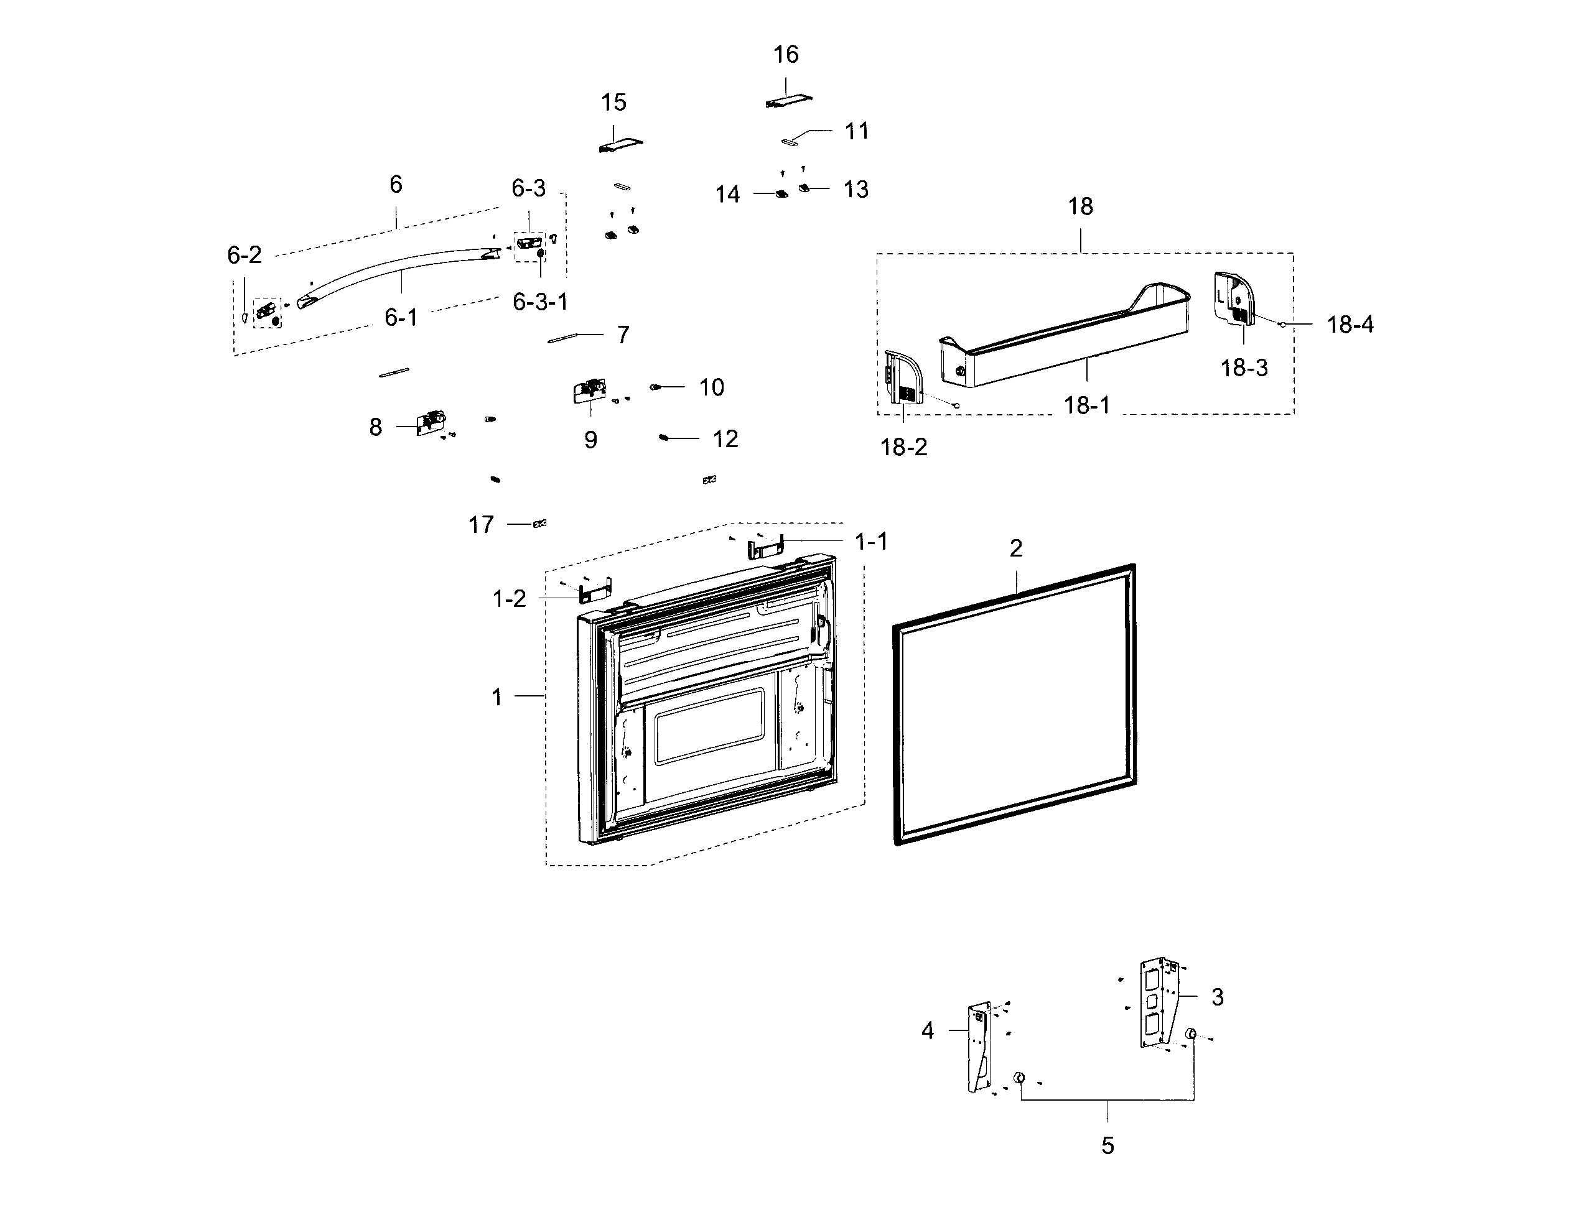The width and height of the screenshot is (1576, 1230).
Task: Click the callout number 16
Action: coord(786,55)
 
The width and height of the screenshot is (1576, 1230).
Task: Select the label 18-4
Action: coord(1350,325)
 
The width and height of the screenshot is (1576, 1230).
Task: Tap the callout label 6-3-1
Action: coord(540,302)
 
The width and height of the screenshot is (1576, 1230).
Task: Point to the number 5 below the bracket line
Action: coord(1107,1145)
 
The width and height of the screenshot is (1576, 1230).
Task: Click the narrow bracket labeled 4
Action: coord(979,1046)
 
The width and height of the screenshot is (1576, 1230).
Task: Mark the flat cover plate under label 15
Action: coord(620,144)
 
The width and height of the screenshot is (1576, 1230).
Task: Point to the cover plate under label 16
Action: coord(788,101)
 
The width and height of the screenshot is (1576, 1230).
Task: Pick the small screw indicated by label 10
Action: coord(656,387)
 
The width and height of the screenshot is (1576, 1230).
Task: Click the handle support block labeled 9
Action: coord(589,392)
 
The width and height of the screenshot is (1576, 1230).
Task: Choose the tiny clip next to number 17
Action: coord(539,524)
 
